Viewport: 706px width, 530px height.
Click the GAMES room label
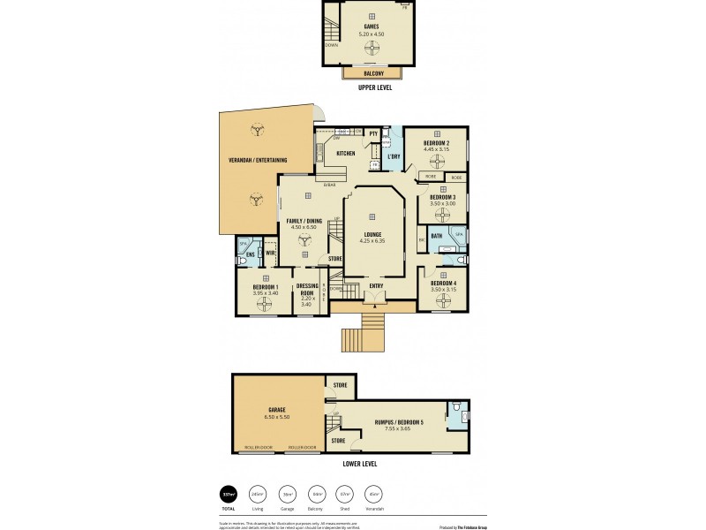(372, 26)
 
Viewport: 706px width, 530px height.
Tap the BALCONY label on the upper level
(372, 73)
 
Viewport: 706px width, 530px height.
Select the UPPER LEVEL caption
(375, 88)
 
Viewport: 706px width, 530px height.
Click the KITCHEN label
(345, 153)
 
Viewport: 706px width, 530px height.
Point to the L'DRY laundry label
(394, 156)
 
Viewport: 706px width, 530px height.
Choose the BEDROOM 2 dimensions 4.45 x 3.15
(437, 149)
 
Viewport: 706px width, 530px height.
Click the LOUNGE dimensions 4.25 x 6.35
(373, 240)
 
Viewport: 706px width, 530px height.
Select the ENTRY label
(376, 285)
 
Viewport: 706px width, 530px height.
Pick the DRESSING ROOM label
(307, 289)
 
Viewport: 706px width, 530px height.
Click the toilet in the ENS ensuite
(242, 260)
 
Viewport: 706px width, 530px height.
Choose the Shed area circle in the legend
(344, 496)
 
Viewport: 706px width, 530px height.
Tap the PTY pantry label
(374, 133)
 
